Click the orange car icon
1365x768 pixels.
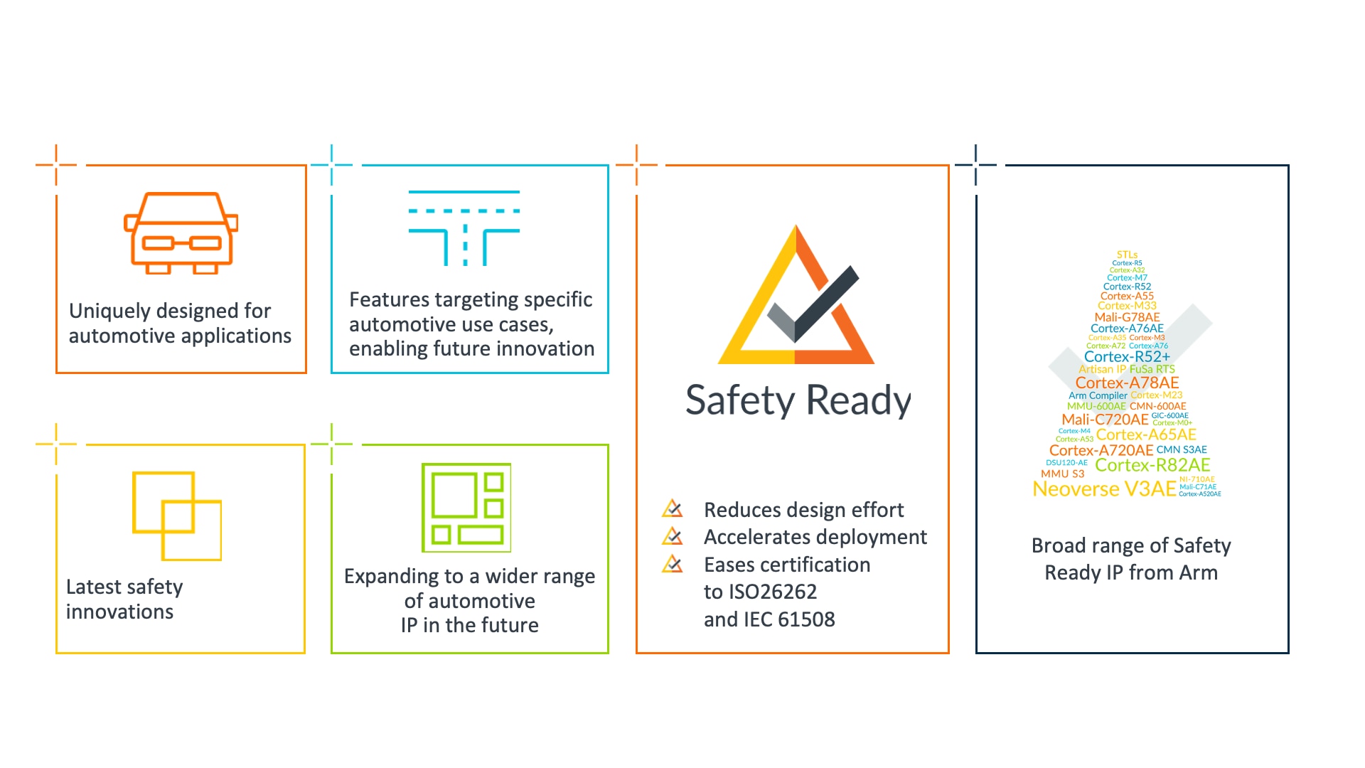[x=181, y=233]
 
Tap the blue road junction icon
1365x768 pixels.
[x=464, y=228]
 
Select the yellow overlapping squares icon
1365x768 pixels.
[x=177, y=516]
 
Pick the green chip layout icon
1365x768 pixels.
[x=466, y=508]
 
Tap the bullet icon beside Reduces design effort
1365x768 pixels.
[x=672, y=509]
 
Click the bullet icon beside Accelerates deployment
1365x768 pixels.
[x=672, y=536]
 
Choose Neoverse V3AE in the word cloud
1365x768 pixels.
[x=1104, y=489]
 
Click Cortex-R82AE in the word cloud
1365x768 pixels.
[x=1152, y=465]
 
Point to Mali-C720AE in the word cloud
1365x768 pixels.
[x=1105, y=420]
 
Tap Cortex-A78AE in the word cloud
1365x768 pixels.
[x=1127, y=383]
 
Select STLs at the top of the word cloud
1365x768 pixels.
[x=1127, y=255]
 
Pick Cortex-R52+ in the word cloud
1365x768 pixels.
[x=1127, y=356]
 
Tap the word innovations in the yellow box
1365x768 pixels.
[x=119, y=612]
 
